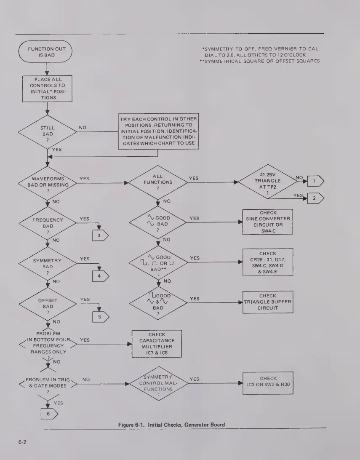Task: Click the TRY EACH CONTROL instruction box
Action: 158,131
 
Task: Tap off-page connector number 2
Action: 315,198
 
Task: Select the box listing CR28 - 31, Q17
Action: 268,262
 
